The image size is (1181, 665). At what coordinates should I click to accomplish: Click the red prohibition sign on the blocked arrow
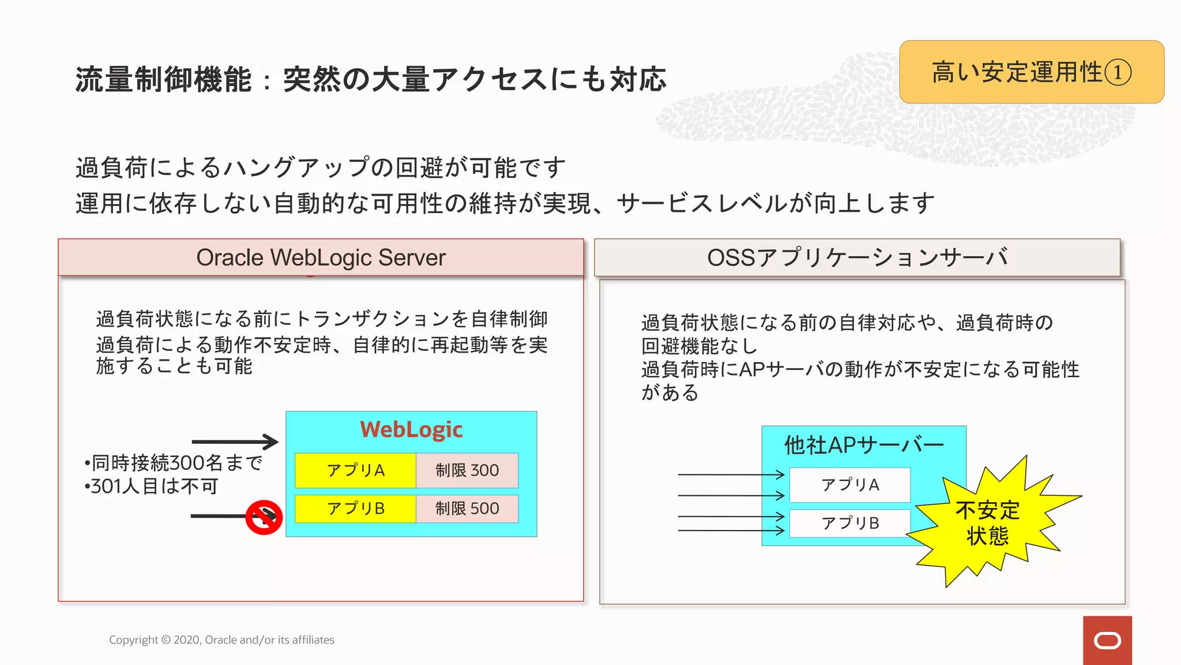point(264,517)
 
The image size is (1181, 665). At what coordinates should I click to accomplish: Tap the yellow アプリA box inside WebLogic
point(355,470)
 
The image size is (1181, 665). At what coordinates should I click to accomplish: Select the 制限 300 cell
point(467,470)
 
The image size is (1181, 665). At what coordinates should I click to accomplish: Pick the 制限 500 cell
point(467,509)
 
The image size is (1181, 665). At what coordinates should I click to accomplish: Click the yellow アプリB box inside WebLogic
point(355,509)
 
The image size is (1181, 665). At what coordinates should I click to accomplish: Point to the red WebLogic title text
point(411,429)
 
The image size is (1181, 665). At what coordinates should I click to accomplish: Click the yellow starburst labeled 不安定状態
point(987,523)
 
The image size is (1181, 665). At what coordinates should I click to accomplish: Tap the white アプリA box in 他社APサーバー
point(850,485)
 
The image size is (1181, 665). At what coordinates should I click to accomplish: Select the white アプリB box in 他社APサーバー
point(850,523)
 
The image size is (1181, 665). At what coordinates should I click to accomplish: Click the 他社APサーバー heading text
point(864,445)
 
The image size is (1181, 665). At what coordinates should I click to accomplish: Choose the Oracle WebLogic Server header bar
point(321,257)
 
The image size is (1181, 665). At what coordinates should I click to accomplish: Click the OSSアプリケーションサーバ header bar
point(857,257)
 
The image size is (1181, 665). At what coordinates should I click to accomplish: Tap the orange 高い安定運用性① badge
point(1032,72)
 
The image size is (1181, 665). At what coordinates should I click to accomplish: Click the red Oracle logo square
point(1107,640)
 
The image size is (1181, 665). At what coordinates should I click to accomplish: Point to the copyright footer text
point(221,640)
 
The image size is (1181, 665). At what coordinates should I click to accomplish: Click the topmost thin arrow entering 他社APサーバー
point(731,475)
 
